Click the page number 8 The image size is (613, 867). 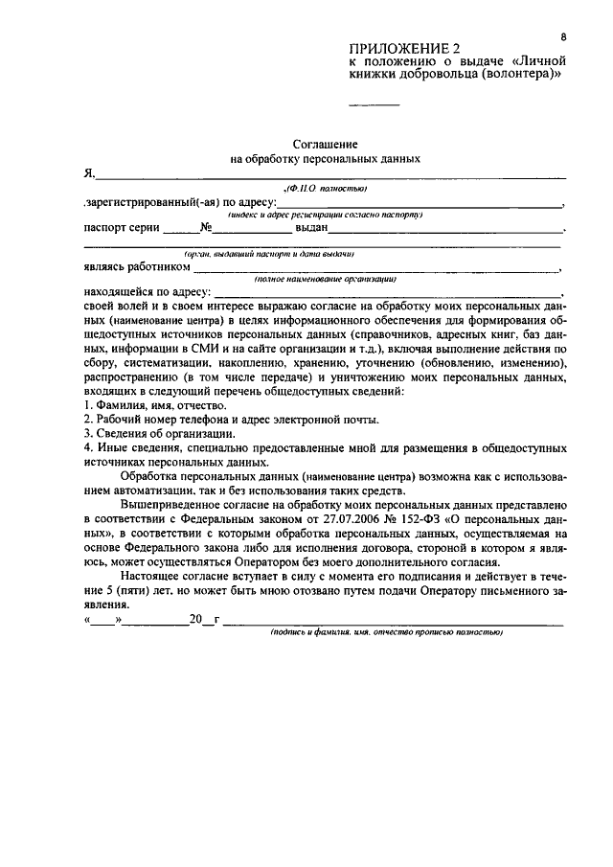pyautogui.click(x=564, y=35)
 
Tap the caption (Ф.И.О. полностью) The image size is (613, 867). pyautogui.click(x=327, y=190)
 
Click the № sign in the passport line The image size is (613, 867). pyautogui.click(x=205, y=229)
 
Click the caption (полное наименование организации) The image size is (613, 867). pyautogui.click(x=326, y=279)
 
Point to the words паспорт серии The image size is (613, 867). pyautogui.click(x=122, y=229)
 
